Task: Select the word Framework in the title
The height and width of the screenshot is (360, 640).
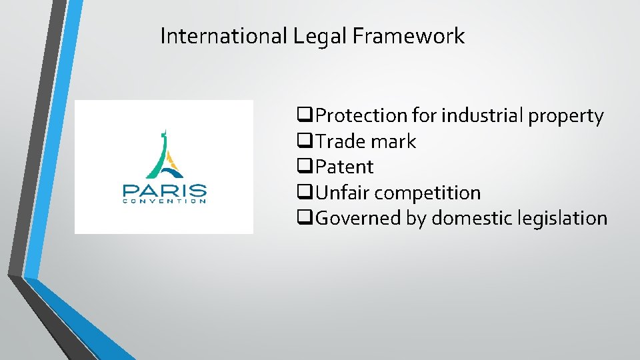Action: [408, 36]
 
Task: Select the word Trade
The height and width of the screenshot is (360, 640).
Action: [339, 141]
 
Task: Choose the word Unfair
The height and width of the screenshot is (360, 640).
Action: [342, 193]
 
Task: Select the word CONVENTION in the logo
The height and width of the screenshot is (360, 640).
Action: [164, 200]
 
